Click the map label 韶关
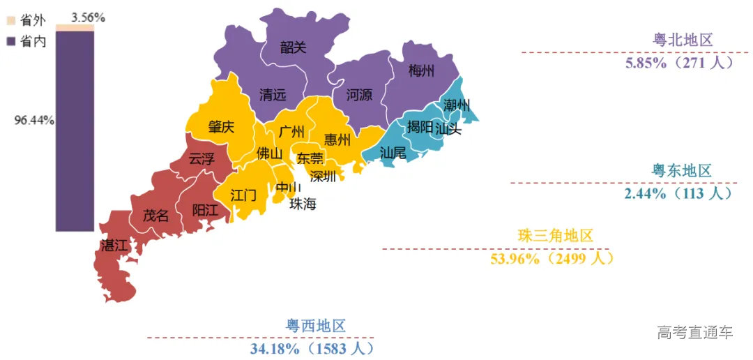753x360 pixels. click(293, 47)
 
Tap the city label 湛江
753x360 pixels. click(114, 246)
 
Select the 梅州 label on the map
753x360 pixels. click(421, 71)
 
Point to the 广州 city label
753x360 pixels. click(291, 132)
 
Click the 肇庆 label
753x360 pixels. click(221, 128)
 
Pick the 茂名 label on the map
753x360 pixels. click(155, 216)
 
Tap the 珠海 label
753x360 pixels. click(303, 204)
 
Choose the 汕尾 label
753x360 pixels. click(393, 152)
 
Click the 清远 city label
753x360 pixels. click(273, 95)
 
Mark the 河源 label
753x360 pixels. click(359, 95)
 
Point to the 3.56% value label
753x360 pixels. click(88, 18)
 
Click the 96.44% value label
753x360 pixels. click(35, 120)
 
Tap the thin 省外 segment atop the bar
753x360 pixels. click(75, 28)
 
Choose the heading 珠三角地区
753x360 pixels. click(556, 237)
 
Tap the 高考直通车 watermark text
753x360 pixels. click(695, 333)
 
